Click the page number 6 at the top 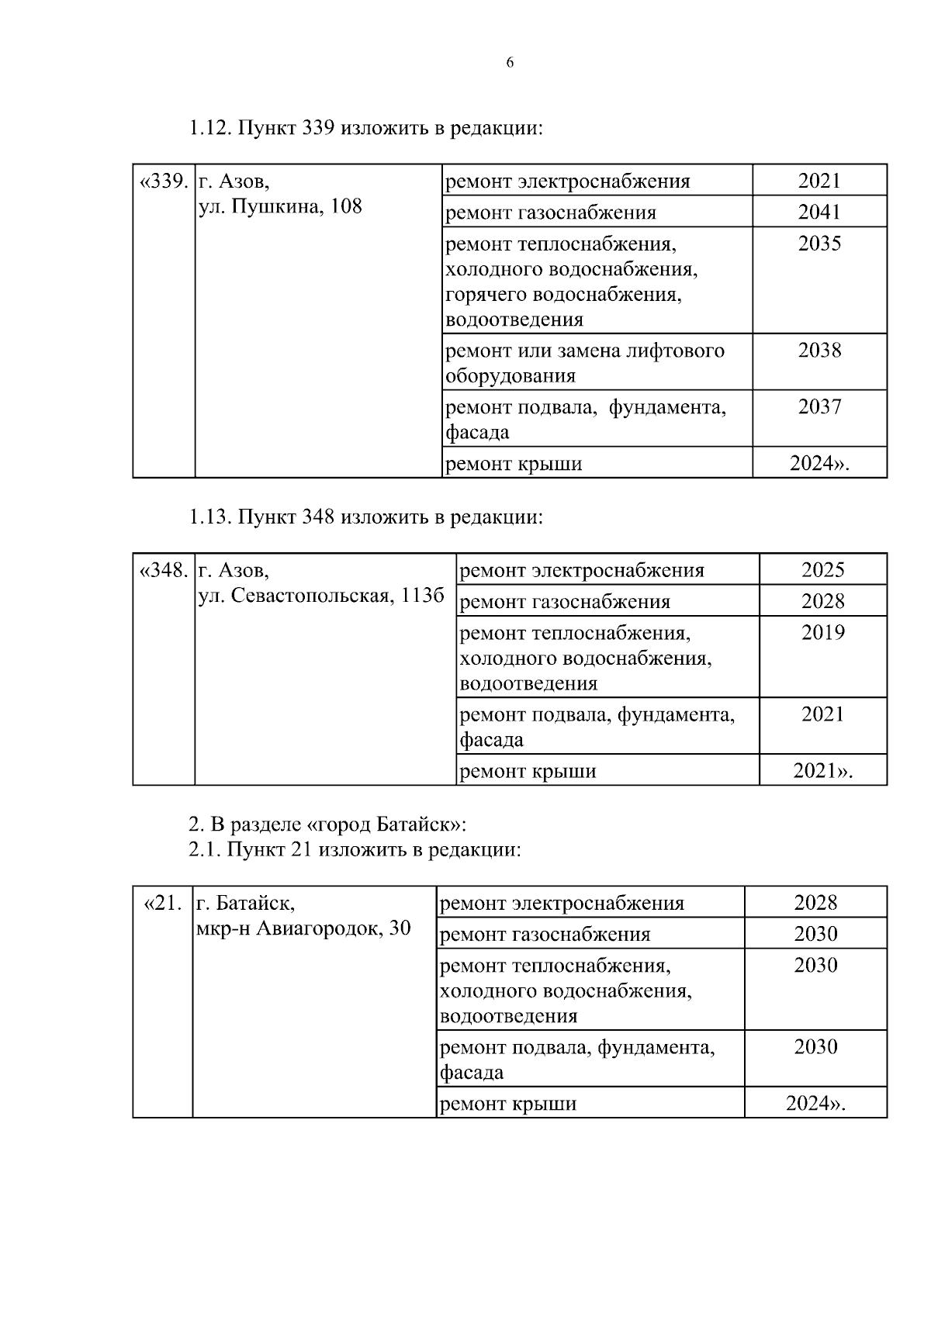[510, 64]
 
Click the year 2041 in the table [819, 212]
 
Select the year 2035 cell [819, 244]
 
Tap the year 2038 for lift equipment [819, 351]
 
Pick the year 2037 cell [819, 406]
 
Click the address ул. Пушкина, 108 [280, 207]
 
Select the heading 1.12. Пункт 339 [365, 128]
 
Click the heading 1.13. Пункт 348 [365, 517]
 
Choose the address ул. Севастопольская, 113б [321, 596]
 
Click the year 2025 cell [822, 570]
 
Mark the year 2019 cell [822, 633]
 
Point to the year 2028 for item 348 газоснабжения [822, 601]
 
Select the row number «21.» [163, 904]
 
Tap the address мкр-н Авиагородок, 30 [303, 928]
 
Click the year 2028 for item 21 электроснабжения [815, 903]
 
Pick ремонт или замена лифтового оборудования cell [585, 363]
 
